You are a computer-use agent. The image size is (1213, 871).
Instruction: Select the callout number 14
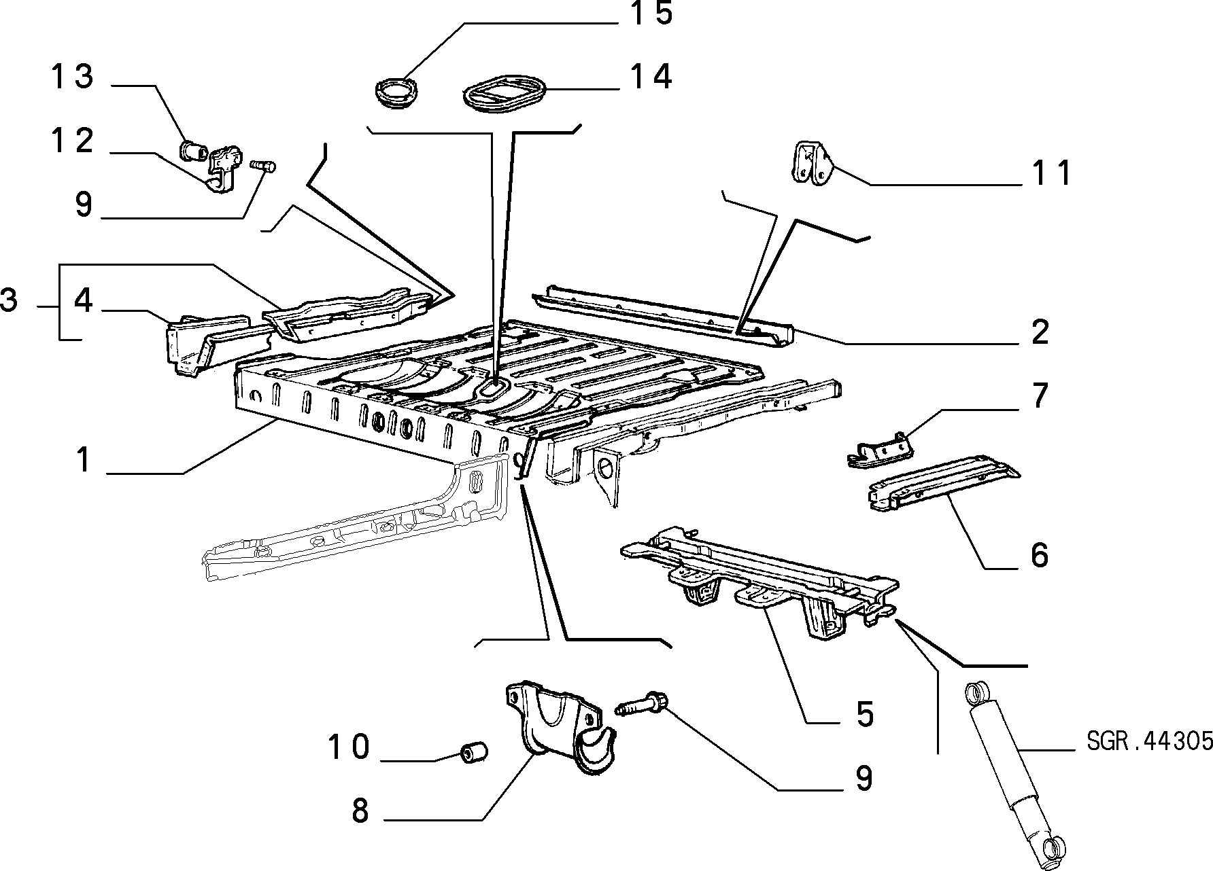click(x=651, y=77)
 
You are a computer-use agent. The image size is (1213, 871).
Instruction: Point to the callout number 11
click(x=1050, y=173)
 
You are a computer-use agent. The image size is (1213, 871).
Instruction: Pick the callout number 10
click(x=348, y=747)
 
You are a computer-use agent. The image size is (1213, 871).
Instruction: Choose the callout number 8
click(x=360, y=811)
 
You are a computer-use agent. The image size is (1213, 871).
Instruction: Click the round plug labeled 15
click(x=397, y=92)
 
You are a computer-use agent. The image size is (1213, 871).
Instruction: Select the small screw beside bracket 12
click(x=263, y=165)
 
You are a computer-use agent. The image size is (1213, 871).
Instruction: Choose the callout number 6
click(x=1040, y=555)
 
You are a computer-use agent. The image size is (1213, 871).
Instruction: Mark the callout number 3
click(x=9, y=300)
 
